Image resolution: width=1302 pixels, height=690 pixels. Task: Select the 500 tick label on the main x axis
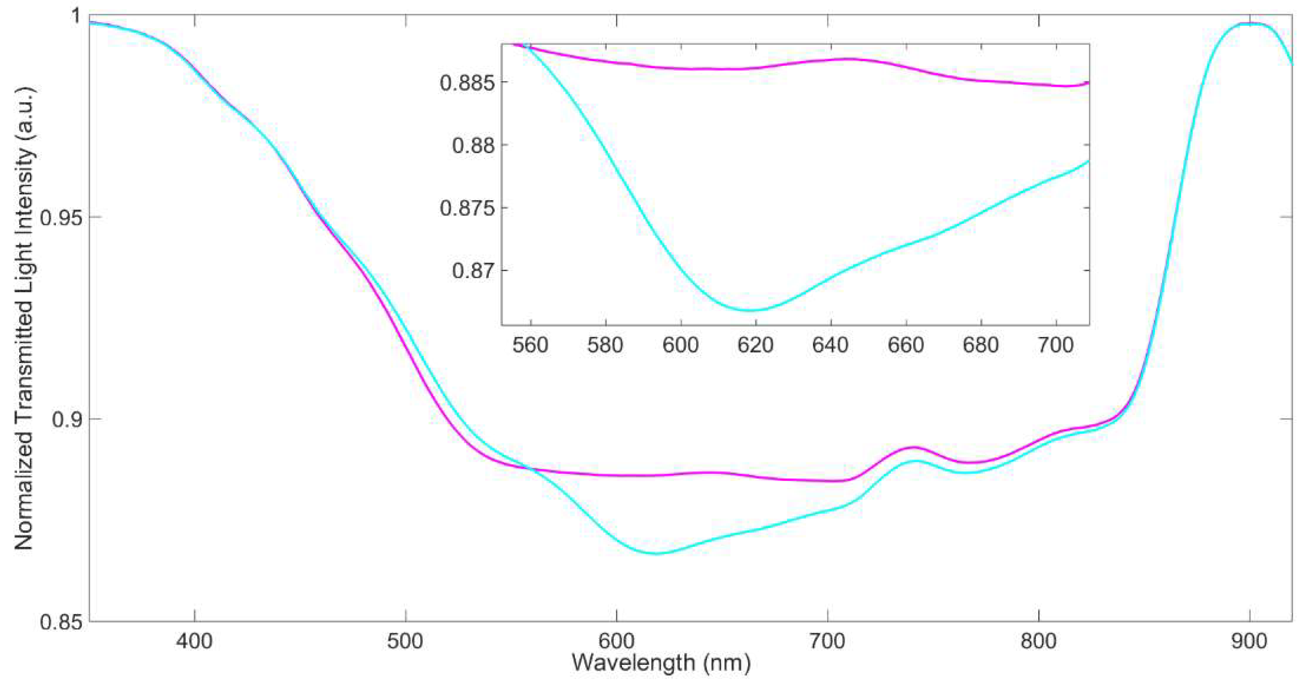tap(405, 641)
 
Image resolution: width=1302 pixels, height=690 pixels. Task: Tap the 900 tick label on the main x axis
tap(1249, 641)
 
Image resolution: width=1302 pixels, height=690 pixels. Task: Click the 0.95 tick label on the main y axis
tap(60, 217)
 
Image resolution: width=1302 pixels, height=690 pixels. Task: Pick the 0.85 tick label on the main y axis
tap(60, 621)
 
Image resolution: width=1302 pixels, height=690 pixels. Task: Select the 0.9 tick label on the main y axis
tap(67, 419)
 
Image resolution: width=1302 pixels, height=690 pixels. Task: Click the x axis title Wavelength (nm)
tap(661, 663)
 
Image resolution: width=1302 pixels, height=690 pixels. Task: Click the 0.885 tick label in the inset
tap(466, 82)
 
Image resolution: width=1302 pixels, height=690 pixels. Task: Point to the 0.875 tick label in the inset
tap(466, 208)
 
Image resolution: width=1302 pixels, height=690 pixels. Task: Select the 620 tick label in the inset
tap(756, 346)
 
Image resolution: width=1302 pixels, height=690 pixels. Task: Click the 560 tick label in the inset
tap(530, 346)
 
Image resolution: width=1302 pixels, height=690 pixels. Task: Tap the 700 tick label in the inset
tap(1056, 346)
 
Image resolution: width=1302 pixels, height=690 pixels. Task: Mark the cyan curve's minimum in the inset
tap(753, 310)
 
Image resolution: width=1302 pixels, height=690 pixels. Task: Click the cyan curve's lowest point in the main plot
tap(656, 554)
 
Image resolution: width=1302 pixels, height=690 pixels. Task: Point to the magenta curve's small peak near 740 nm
tap(913, 447)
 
